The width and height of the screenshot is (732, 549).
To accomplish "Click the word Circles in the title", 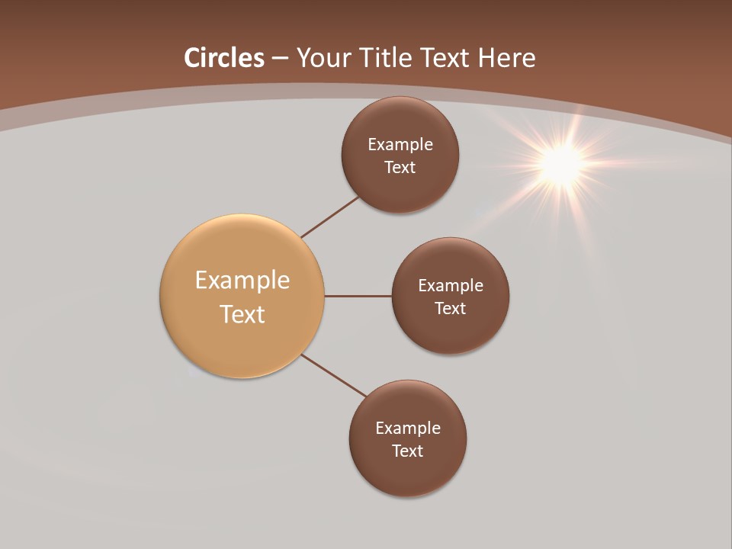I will pos(224,58).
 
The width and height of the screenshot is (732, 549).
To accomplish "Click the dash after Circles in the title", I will pos(280,59).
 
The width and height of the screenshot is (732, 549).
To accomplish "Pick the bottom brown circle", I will pos(407,473).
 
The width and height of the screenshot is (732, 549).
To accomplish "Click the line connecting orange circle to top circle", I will pos(329,217).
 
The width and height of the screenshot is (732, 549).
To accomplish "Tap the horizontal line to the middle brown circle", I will pos(358,296).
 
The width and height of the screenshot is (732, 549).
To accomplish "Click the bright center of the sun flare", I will pos(562,162).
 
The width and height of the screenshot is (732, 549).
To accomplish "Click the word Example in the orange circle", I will pos(242,280).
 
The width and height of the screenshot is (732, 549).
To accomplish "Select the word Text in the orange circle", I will pos(242,314).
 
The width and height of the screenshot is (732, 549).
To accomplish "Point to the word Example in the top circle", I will pos(400,144).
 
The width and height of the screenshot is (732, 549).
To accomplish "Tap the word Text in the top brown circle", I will pos(400,167).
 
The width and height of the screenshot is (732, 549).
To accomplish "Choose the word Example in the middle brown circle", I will pos(451,285).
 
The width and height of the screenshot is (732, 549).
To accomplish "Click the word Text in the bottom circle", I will pos(407,451).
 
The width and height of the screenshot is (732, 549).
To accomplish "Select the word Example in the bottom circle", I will pos(408,428).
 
